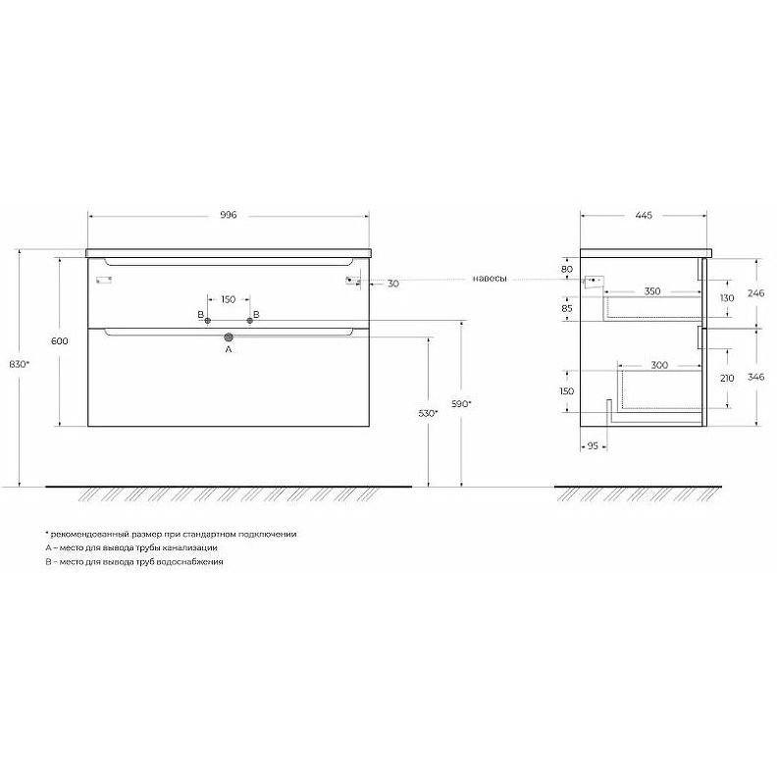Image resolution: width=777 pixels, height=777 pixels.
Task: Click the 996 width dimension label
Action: [x=229, y=215]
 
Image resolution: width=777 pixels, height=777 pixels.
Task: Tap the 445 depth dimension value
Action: [x=644, y=216]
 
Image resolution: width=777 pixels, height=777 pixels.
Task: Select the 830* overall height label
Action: [x=20, y=364]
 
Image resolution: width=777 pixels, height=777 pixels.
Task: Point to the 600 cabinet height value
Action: [x=60, y=341]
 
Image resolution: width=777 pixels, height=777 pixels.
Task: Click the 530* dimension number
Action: [x=428, y=413]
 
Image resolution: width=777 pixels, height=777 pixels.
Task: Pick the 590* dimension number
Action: [x=461, y=404]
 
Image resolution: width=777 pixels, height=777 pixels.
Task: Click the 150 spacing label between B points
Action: [x=228, y=299]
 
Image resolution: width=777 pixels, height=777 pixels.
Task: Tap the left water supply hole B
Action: [x=208, y=321]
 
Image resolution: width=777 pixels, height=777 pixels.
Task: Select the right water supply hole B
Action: [x=250, y=321]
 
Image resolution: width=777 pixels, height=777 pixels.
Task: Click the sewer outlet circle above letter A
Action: [x=229, y=337]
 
